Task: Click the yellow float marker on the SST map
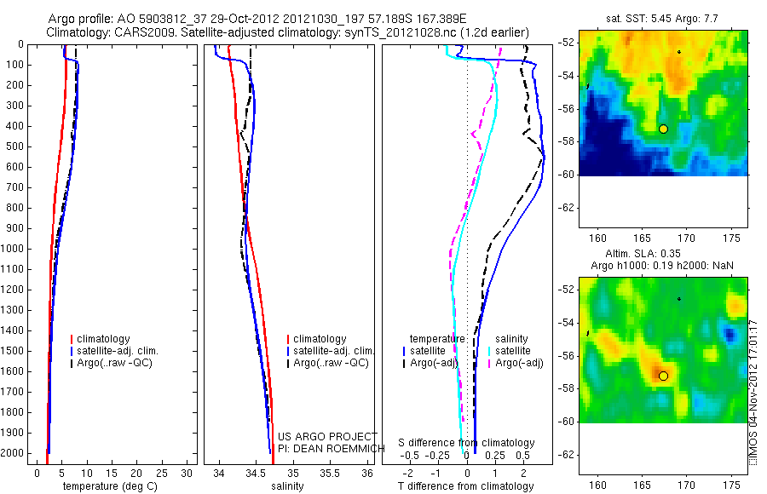point(663,129)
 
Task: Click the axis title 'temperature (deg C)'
point(107,486)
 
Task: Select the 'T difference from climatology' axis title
point(465,486)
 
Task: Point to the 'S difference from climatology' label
point(467,443)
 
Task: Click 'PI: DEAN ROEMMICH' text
point(327,448)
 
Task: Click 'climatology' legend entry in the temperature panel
point(105,339)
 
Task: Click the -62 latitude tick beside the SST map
point(566,207)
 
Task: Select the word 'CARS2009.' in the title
point(144,32)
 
